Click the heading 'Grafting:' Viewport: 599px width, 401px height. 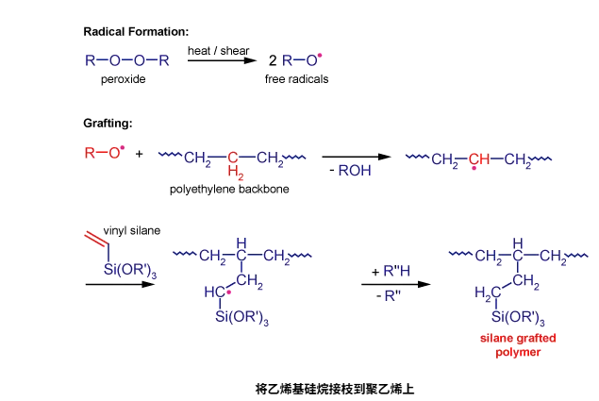click(108, 124)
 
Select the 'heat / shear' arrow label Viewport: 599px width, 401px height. click(219, 49)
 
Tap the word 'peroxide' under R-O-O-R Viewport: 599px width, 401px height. click(123, 80)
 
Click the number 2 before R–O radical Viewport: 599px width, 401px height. click(272, 61)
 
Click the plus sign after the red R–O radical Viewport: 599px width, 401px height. click(139, 153)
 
